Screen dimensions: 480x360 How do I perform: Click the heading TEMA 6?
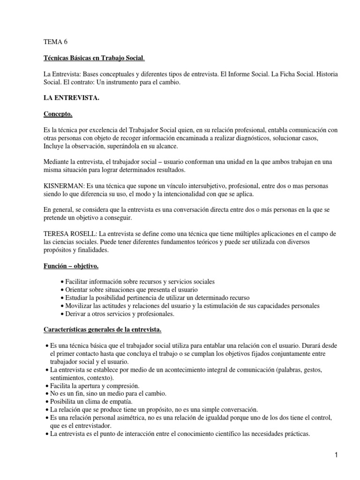tap(55, 42)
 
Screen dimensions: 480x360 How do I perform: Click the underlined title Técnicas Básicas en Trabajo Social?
tap(94, 58)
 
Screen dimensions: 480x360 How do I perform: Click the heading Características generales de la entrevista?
tap(102, 330)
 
